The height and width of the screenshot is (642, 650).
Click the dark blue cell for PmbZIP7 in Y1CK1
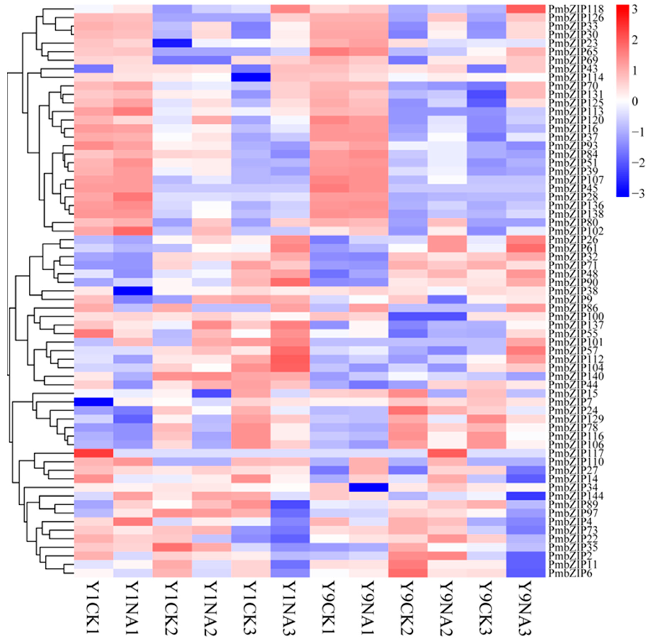click(x=93, y=402)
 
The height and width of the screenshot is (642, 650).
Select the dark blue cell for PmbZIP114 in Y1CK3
click(x=251, y=77)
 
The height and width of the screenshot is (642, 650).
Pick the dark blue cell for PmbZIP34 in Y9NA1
click(x=368, y=487)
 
